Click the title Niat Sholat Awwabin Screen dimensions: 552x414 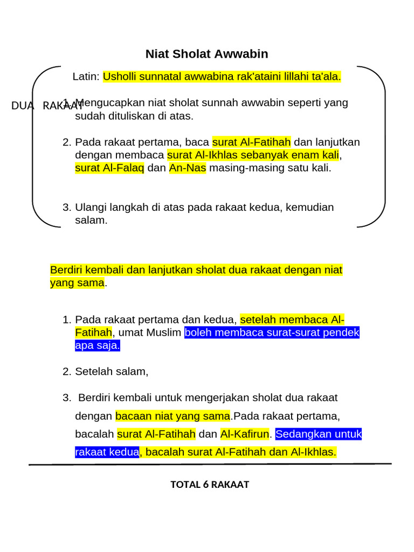[206, 54]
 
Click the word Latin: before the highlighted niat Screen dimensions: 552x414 [86, 77]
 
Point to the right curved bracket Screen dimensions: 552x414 [383, 146]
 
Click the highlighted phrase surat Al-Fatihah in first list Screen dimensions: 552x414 [251, 142]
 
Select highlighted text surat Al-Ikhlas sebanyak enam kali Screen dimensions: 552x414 [253, 155]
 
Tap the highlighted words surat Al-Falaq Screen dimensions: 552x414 [109, 168]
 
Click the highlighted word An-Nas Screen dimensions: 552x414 [184, 168]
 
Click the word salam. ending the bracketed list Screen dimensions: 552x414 [91, 220]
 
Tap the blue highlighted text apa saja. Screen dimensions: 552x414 [97, 346]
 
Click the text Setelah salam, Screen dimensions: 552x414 [112, 371]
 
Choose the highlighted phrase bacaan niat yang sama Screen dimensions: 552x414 [172, 416]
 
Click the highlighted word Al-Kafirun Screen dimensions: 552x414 [244, 434]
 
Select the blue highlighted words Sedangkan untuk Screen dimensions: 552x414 [318, 434]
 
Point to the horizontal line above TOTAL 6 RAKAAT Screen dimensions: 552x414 [210, 464]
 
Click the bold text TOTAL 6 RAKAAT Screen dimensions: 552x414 [210, 485]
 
